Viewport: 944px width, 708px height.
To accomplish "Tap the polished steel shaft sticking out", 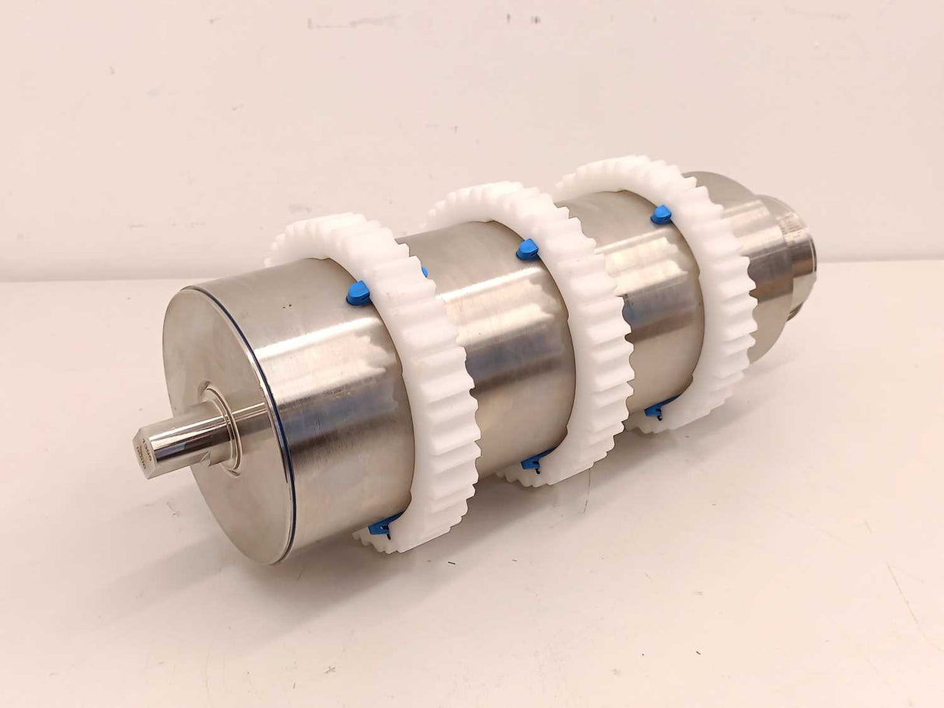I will tap(179, 441).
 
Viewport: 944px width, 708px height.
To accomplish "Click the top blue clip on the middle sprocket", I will tap(527, 249).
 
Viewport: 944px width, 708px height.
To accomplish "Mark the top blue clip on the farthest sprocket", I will tap(661, 214).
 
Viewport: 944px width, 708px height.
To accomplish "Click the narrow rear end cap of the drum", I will tap(797, 256).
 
